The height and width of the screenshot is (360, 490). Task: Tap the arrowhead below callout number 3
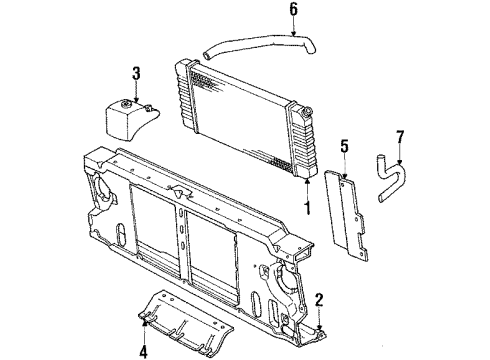click(x=138, y=95)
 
